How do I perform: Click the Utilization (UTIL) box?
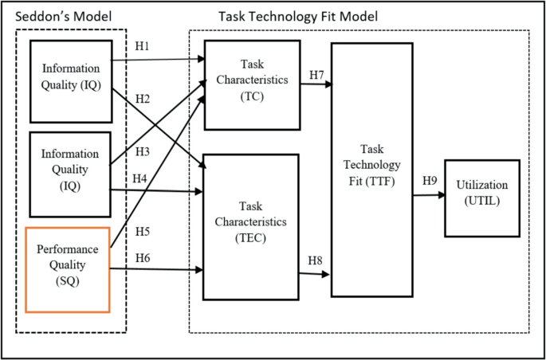(x=481, y=197)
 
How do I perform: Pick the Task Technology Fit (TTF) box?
(x=371, y=169)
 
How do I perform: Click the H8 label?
(x=316, y=260)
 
